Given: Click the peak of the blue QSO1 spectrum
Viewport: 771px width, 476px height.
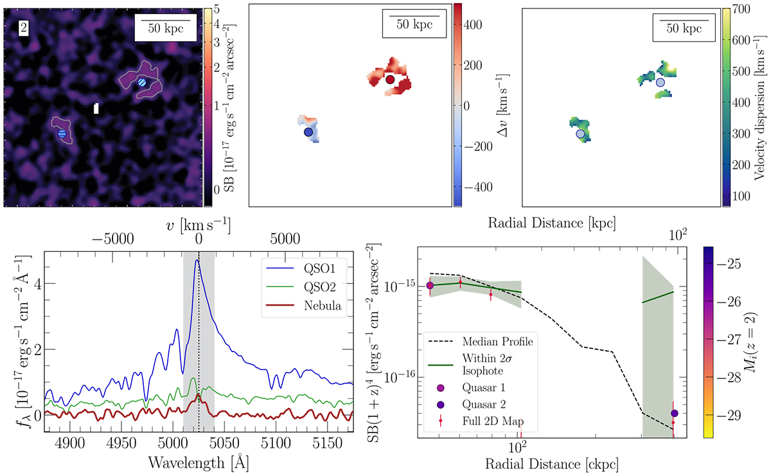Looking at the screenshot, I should (197, 260).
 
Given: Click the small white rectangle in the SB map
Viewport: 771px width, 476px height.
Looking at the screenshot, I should (96, 109).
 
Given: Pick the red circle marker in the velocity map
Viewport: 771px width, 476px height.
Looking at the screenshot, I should (390, 80).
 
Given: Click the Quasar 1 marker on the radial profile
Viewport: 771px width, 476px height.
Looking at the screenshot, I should (430, 285).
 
